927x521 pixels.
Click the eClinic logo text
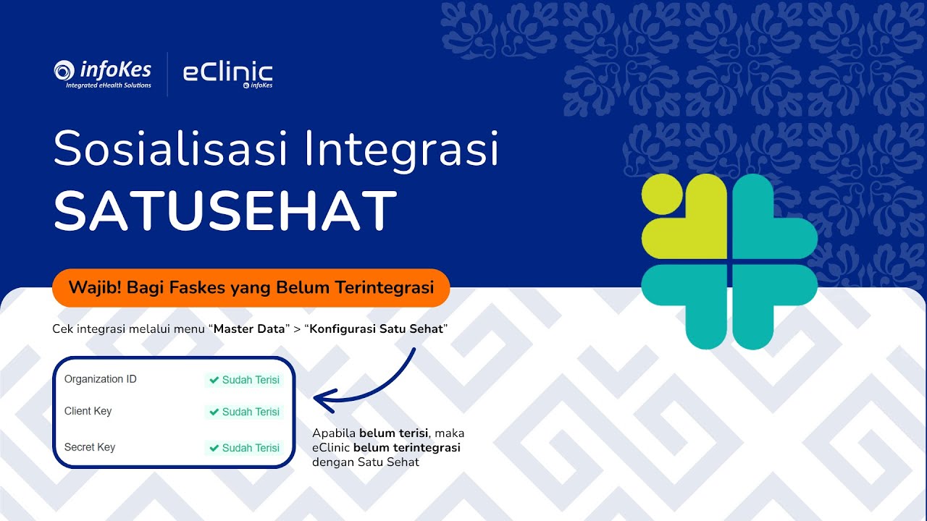[227, 72]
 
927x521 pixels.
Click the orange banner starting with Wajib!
[251, 287]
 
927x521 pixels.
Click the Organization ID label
[100, 379]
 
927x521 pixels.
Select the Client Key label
[88, 411]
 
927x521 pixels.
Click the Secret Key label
[89, 447]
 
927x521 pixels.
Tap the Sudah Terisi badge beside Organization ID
[244, 380]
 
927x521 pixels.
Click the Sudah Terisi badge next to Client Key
[244, 412]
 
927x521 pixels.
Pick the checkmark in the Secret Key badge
[214, 448]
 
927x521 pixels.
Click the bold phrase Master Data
[250, 329]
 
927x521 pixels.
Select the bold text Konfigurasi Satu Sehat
[376, 329]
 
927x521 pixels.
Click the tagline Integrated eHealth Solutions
[109, 85]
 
